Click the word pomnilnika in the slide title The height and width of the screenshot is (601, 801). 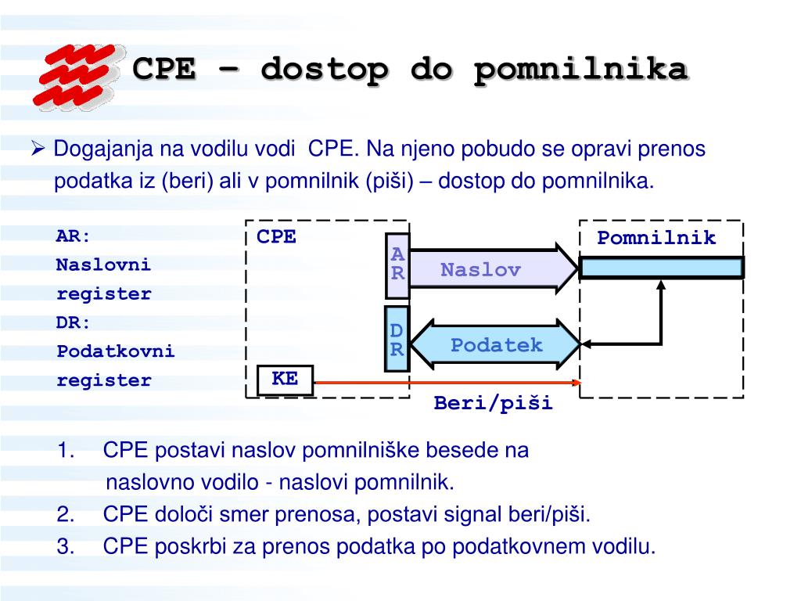pos(581,70)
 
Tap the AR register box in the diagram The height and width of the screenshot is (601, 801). pos(397,266)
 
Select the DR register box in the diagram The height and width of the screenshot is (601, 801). pos(397,339)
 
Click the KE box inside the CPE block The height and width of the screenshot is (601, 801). pos(285,380)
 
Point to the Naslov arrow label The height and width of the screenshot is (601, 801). pos(480,269)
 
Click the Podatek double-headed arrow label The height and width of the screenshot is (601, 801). pos(496,345)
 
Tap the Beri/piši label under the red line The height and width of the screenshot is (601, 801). pos(493,403)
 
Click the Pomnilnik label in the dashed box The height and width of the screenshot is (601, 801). pos(656,238)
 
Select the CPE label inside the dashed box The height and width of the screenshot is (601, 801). pos(276,236)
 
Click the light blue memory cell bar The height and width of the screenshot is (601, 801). pos(661,268)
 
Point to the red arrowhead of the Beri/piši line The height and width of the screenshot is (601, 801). pos(577,382)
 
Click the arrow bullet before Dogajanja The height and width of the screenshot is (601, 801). pos(38,149)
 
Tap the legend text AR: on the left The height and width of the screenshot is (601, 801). pos(73,236)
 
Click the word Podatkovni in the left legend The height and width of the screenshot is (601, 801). pos(116,351)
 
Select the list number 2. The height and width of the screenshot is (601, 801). pos(66,514)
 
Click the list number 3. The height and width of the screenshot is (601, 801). pos(66,546)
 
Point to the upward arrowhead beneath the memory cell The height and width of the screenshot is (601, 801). pos(661,284)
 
